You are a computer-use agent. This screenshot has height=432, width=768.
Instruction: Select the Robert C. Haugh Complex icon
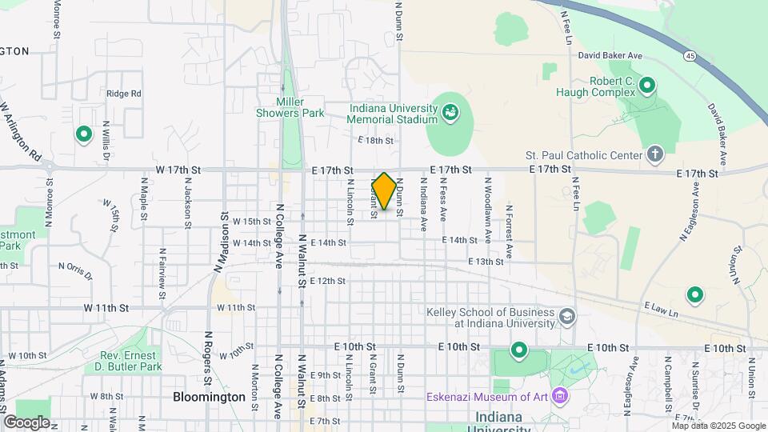[x=648, y=84]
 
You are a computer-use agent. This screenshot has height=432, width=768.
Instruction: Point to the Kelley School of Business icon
[x=567, y=318]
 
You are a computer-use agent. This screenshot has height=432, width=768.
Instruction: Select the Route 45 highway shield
[x=689, y=55]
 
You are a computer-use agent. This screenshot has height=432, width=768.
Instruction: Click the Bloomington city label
[x=210, y=397]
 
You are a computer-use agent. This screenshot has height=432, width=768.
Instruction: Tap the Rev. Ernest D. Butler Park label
[x=131, y=361]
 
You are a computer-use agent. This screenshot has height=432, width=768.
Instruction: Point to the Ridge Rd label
[x=123, y=94]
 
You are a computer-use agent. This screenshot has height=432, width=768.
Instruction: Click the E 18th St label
[x=375, y=140]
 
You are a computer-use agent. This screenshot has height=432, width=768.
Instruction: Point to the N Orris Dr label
[x=75, y=270]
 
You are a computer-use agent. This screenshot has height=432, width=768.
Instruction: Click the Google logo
[x=26, y=422]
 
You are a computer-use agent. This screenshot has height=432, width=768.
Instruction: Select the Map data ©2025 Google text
[x=718, y=426]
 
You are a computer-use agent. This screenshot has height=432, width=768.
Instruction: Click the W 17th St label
[x=178, y=170]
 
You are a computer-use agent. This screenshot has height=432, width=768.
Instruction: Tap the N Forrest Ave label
[x=509, y=233]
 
